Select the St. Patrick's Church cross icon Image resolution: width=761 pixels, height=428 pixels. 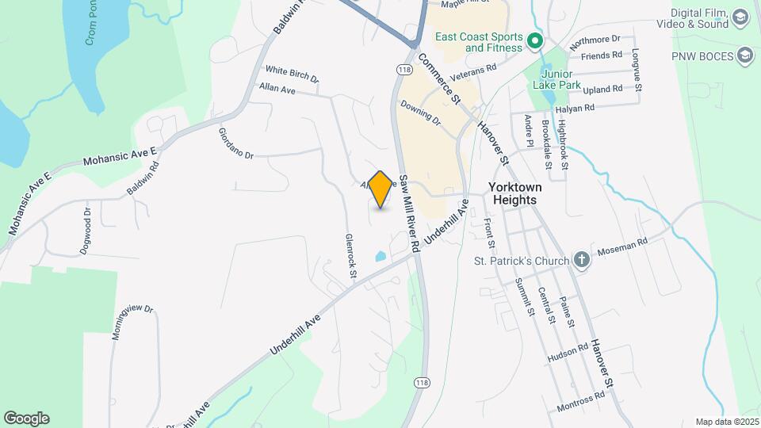[x=582, y=261]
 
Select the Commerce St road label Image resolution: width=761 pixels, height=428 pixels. [x=439, y=78]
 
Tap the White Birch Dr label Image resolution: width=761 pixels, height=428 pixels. [x=292, y=74]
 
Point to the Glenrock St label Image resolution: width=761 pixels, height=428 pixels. [x=350, y=254]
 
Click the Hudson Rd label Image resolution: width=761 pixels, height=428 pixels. [x=567, y=353]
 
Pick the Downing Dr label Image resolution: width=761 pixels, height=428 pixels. [x=420, y=113]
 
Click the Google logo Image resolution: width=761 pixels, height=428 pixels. [x=26, y=418]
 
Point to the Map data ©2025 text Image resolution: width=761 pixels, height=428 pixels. [x=726, y=422]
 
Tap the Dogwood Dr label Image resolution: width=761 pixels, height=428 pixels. [x=86, y=231]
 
